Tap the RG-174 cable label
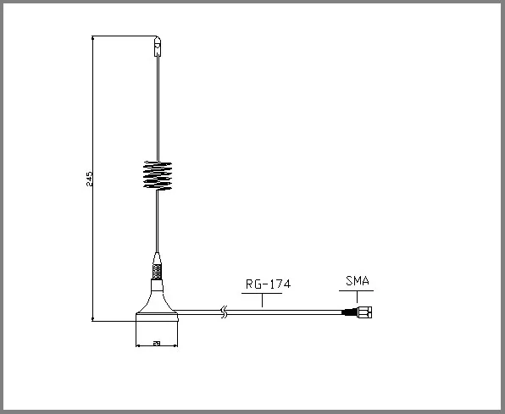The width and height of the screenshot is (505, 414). coord(268,284)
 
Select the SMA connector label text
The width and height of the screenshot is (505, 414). coord(358,280)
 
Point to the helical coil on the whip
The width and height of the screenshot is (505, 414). coord(158,175)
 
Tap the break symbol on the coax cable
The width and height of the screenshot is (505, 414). coord(223,312)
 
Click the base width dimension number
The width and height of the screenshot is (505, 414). coord(157,344)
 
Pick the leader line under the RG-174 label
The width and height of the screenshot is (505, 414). coord(264,298)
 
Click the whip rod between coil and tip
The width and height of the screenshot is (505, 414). coord(157,110)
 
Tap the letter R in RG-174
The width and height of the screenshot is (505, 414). coord(248,284)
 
